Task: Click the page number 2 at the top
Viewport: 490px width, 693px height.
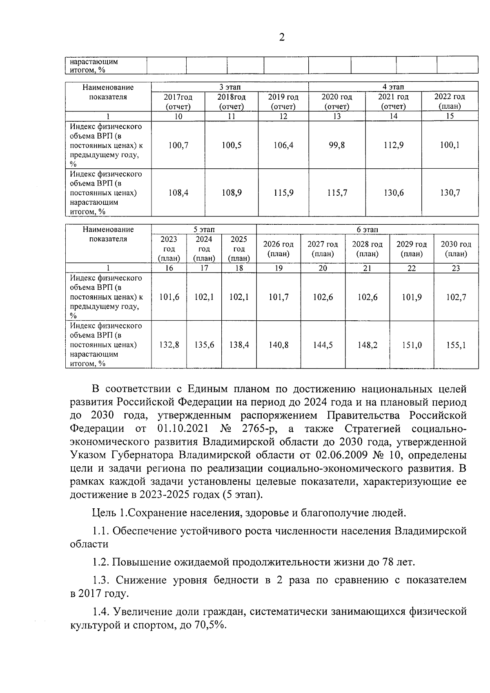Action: tap(281, 38)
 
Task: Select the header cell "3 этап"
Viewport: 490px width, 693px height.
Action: tap(230, 87)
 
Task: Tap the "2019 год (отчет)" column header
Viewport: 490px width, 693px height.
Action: tap(283, 102)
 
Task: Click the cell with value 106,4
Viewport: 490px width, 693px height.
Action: tap(283, 145)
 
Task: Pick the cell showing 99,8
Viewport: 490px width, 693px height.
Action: tap(337, 145)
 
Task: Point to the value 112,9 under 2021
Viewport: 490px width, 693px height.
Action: tap(393, 145)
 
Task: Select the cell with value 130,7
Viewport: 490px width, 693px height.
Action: tap(450, 193)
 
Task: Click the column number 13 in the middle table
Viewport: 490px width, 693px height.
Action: tap(337, 116)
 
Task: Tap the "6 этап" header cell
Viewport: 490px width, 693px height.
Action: tap(367, 230)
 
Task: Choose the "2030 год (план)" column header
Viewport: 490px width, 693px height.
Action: tap(456, 249)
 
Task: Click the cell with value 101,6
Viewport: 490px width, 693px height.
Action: tap(169, 297)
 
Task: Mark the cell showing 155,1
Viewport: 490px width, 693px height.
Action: tap(456, 345)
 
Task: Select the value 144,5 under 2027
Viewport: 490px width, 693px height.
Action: tap(323, 345)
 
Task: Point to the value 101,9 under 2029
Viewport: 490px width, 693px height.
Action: tap(412, 297)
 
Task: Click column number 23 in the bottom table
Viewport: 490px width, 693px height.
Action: tap(456, 268)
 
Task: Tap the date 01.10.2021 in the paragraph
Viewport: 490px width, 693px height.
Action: tap(183, 429)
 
